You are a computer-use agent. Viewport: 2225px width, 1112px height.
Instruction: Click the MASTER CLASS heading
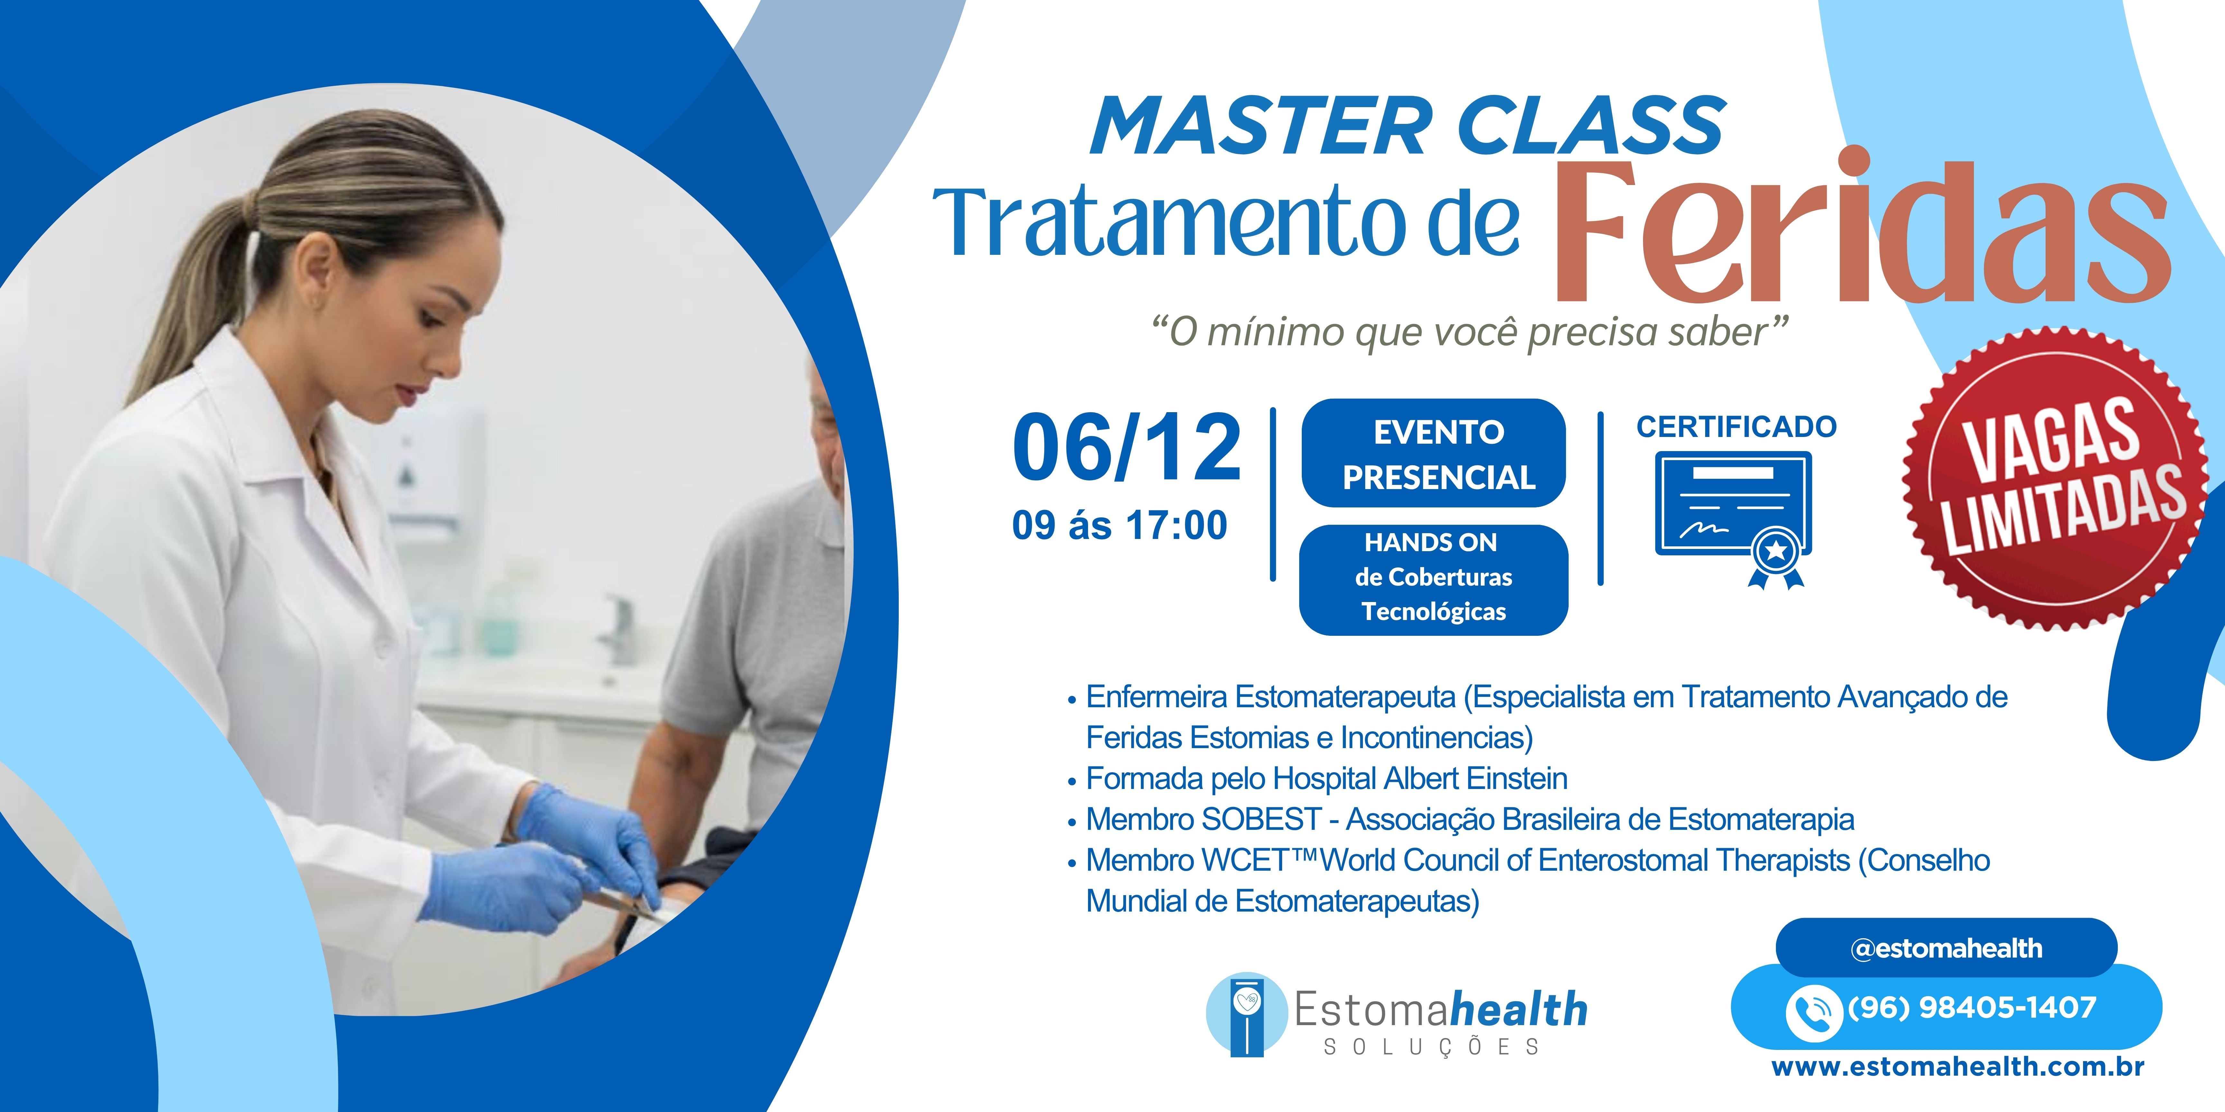tap(1408, 126)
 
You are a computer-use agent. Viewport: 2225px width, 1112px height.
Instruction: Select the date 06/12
tap(1127, 447)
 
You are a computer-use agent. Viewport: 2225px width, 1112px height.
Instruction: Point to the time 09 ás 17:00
tap(1119, 525)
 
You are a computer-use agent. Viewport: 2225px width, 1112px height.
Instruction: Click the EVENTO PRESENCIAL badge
tap(1434, 453)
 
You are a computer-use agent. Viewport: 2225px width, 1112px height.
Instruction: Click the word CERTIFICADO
tap(1736, 427)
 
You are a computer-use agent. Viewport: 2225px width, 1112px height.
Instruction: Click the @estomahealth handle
tap(1946, 948)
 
